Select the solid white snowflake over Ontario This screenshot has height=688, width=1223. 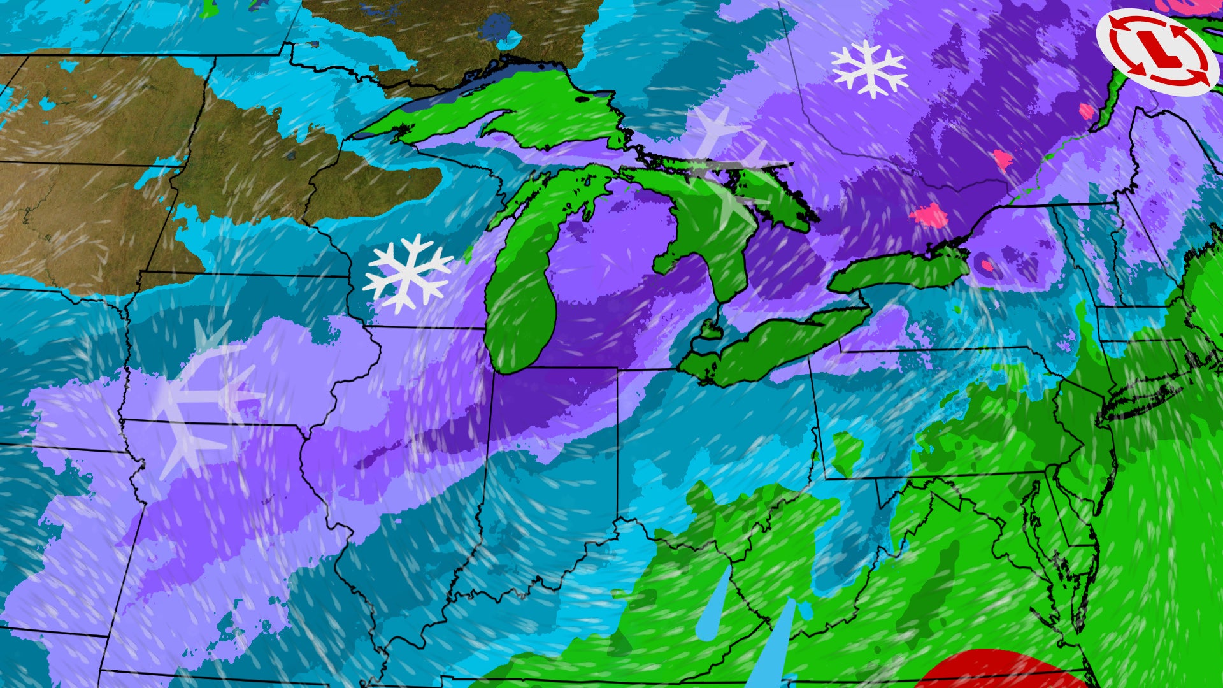click(869, 69)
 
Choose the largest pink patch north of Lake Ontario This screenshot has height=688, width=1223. click(930, 215)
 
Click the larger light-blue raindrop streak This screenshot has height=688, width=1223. click(771, 643)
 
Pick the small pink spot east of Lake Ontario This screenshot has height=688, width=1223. click(987, 264)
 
